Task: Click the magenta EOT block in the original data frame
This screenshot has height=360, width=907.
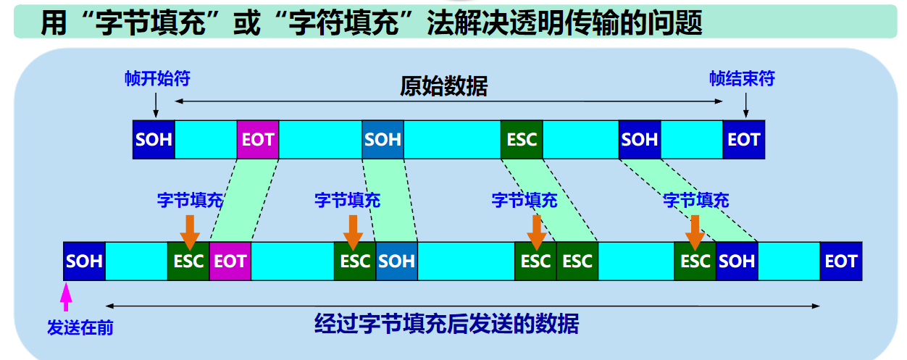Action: point(258,139)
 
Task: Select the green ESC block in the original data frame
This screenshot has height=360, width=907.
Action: point(522,139)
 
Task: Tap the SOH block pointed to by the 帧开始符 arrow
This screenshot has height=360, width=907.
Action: point(154,139)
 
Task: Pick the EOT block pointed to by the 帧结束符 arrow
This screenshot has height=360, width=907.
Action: point(744,139)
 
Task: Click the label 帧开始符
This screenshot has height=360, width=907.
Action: point(156,78)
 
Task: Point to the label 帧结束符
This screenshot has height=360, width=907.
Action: point(742,78)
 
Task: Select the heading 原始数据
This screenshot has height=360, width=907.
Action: point(443,87)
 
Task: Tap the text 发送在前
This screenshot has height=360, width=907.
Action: point(80,327)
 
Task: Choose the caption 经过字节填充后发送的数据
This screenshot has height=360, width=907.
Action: point(447,323)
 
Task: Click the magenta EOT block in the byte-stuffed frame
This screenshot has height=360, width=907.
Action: point(230,261)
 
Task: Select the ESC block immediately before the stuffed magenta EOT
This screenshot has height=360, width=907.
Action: point(188,261)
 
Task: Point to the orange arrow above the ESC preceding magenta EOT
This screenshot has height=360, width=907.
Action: point(190,230)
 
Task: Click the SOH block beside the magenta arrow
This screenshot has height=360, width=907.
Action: point(84,261)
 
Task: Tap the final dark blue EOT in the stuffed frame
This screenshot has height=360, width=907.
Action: point(841,261)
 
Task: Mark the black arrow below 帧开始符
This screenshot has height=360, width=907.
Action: point(155,106)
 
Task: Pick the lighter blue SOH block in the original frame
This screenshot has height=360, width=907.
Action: point(383,139)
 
